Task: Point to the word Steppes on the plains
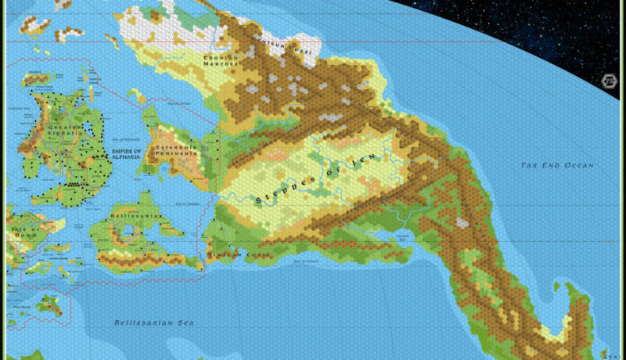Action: tap(279, 193)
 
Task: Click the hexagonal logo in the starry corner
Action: tap(607, 81)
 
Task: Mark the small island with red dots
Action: tap(50, 304)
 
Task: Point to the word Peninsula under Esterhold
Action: tap(176, 155)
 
